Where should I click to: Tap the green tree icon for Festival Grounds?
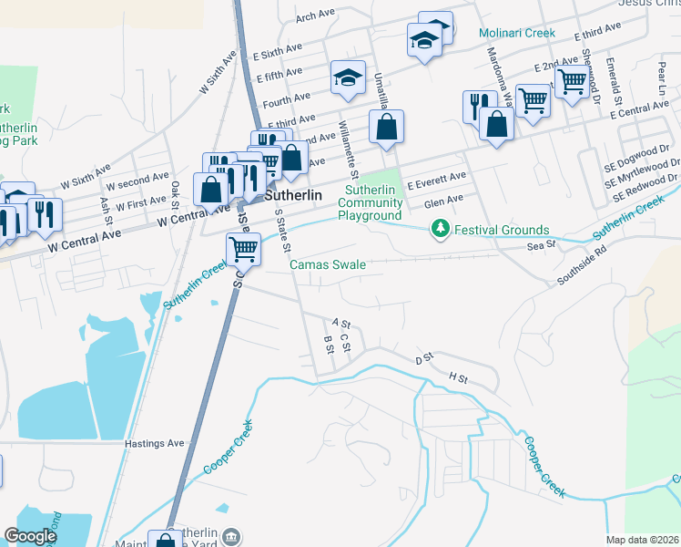pos(441,229)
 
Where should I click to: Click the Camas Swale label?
pos(328,265)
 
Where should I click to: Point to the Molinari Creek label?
pos(517,33)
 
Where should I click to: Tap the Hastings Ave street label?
pos(154,444)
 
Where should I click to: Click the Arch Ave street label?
pos(316,15)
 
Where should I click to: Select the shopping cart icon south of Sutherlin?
pos(242,248)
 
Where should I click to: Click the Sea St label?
pos(540,246)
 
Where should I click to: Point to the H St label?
pos(457,377)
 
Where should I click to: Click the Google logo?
pos(30,536)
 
